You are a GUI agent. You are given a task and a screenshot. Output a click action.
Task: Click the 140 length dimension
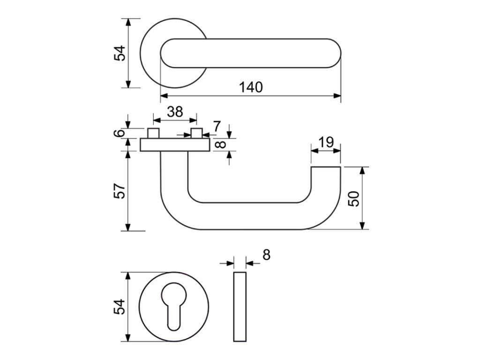point(251,87)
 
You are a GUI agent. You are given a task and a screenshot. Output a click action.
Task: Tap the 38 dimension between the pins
point(175,112)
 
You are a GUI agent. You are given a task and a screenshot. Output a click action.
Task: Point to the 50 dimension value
point(354,199)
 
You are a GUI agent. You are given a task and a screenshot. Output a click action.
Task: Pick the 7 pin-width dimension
point(216,126)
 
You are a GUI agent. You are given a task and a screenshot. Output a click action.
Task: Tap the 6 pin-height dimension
point(120,134)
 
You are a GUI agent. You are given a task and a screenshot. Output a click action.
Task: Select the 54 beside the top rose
point(120,53)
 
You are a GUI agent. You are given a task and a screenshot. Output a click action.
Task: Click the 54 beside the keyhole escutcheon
point(120,307)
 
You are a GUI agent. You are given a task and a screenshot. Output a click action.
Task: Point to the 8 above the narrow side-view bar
point(266,255)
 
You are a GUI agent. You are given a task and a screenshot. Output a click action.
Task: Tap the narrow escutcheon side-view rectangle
point(240,307)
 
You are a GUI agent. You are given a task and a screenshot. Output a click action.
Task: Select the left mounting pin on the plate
point(153,133)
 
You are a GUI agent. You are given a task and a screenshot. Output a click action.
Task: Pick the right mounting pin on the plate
point(196,133)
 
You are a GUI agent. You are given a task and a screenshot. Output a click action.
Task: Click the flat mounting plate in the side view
point(174,145)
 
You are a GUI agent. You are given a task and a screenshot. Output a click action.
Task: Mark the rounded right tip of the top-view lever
point(334,53)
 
